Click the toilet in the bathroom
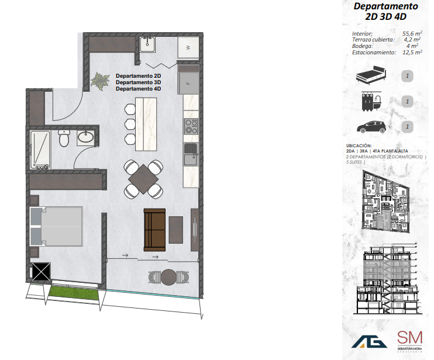65,139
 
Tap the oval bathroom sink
87,138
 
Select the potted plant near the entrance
101,81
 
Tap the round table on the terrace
168,276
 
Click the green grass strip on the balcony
73,289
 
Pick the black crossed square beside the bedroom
42,272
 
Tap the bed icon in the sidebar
371,75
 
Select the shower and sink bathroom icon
371,101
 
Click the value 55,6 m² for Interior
411,34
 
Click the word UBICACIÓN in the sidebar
359,146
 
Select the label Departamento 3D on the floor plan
138,82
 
